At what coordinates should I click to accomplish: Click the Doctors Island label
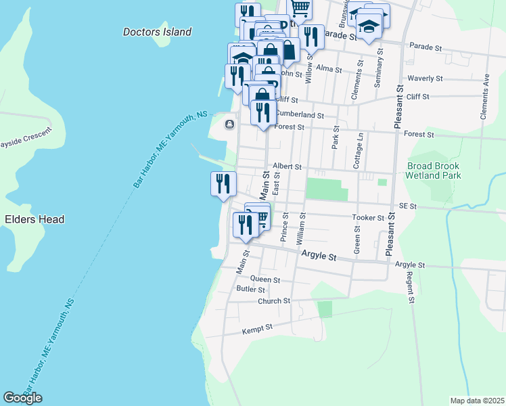tap(158, 32)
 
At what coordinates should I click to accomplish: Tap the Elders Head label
tap(34, 219)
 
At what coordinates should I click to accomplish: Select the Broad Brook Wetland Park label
tap(433, 171)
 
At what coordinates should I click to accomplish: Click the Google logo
tap(22, 398)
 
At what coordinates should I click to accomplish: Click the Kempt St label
tap(257, 328)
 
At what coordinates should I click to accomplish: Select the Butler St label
tap(250, 289)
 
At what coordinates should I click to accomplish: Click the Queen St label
tap(265, 279)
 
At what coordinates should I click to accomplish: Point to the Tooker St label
tap(368, 218)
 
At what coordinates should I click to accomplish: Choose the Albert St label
tap(286, 166)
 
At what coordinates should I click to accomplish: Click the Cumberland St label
tap(299, 116)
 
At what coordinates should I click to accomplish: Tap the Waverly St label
tap(425, 78)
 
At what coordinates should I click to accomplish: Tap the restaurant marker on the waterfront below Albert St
tap(223, 184)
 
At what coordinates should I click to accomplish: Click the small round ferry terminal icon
tap(229, 124)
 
